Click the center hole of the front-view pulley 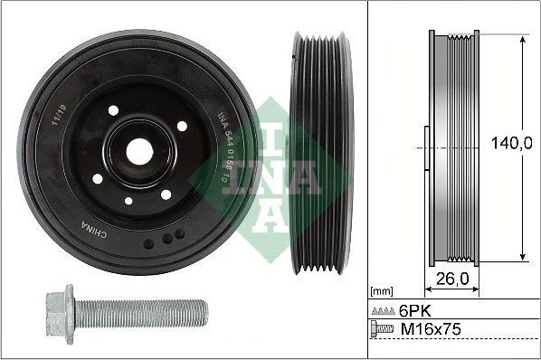tap(138, 151)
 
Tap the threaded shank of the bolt tap(145, 313)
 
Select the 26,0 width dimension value tap(452, 280)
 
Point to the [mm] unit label tap(383, 292)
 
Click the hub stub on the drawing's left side tap(426, 147)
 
